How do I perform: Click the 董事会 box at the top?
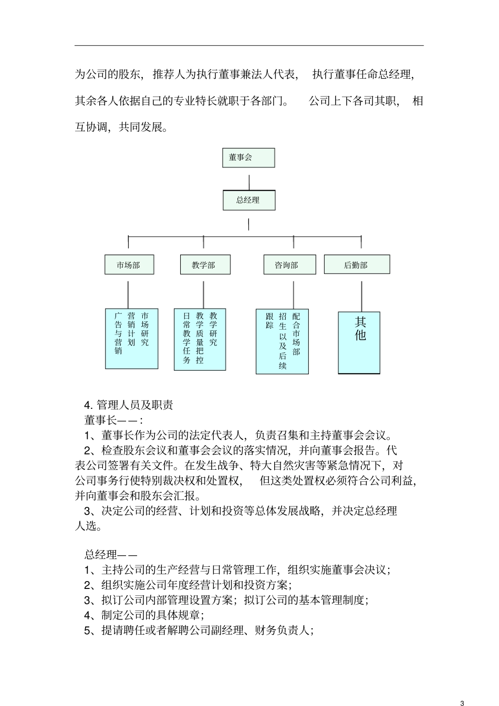248,157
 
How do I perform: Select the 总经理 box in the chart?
248,200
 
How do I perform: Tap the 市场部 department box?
129,265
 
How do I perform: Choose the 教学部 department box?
204,265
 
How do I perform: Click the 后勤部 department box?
357,265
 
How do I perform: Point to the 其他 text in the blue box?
360,329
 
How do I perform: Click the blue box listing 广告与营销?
131,339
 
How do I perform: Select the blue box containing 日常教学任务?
200,339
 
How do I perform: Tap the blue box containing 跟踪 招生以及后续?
282,341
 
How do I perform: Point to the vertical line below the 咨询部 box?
293,294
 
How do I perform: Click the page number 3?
462,689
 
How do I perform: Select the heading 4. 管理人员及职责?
129,405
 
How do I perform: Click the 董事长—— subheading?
113,420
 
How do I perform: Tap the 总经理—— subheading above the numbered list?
111,555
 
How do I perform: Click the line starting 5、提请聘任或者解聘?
199,630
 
